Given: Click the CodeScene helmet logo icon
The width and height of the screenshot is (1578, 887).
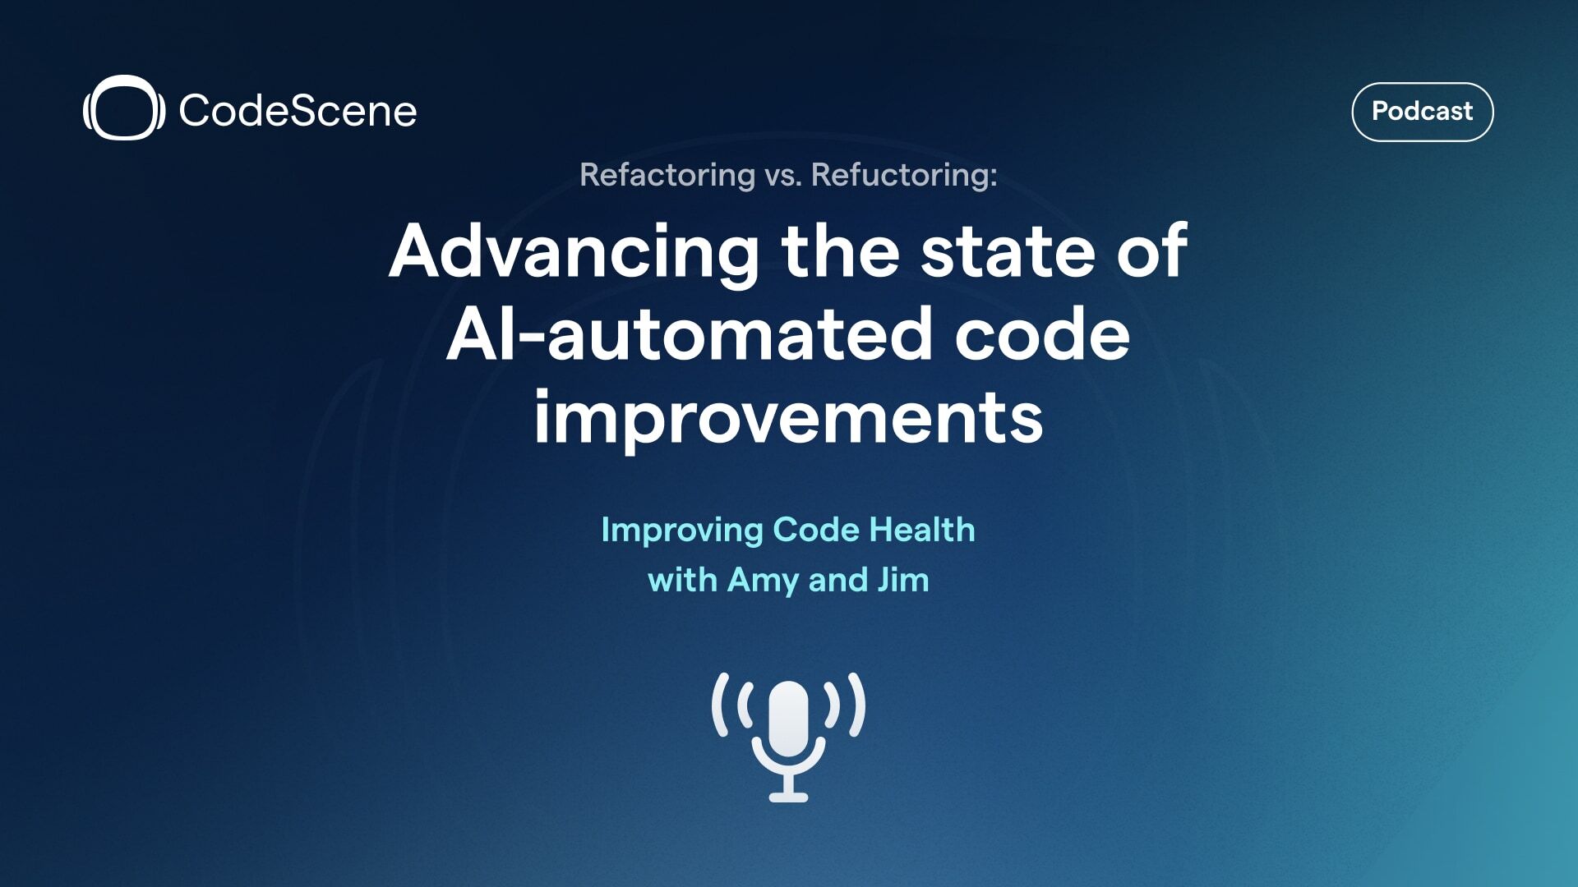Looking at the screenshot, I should click(x=123, y=108).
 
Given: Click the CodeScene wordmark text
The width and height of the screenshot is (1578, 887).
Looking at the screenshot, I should click(x=298, y=111).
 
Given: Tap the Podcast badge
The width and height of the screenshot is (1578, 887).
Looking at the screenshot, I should click(x=1422, y=112).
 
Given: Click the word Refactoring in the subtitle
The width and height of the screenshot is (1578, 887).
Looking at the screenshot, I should click(x=667, y=175).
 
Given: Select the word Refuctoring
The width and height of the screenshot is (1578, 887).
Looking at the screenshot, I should click(x=904, y=175).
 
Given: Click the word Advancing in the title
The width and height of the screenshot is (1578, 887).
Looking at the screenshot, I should click(x=574, y=251).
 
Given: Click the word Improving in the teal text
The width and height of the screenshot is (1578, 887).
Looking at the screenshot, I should click(x=682, y=531).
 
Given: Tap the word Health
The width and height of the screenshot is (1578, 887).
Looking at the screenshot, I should click(x=922, y=530).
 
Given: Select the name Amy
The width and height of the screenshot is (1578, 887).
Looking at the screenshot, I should click(x=763, y=581).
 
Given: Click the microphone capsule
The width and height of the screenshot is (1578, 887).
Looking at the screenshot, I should click(x=788, y=718).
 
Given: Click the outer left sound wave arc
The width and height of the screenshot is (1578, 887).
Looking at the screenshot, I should click(x=719, y=705).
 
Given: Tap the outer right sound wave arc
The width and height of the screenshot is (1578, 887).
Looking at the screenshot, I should click(x=858, y=705).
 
